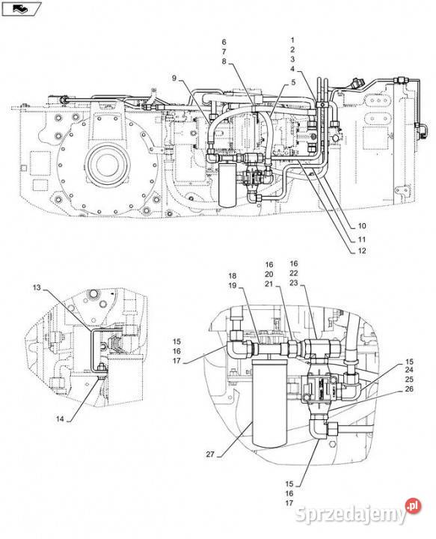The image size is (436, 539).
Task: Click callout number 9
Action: pos(174,79)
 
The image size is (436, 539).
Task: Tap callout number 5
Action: pos(293,82)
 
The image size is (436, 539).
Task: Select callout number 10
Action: pos(362,226)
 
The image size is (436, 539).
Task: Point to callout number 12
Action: pos(362,251)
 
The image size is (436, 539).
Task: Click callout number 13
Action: pos(37,287)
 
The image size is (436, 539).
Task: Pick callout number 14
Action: pos(60,419)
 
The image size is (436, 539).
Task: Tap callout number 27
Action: pos(210,454)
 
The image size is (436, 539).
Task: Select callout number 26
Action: pos(409,389)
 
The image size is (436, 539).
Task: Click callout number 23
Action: pos(293,283)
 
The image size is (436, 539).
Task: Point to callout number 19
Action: pos(233,285)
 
